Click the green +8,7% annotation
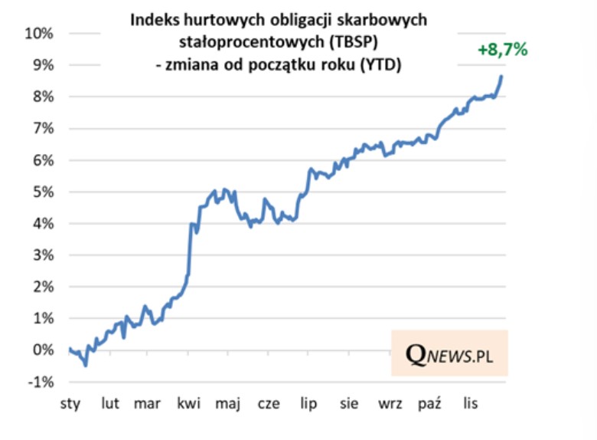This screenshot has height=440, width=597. click(502, 50)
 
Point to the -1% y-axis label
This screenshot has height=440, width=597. click(41, 382)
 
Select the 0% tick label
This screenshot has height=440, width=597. click(42, 350)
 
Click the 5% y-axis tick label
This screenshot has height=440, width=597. click(42, 192)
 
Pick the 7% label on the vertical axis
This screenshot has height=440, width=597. click(42, 128)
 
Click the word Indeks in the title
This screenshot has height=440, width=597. click(152, 21)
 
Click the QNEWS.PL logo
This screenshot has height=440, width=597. click(449, 353)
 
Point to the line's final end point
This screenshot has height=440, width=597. click(501, 76)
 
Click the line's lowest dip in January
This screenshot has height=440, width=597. click(86, 366)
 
